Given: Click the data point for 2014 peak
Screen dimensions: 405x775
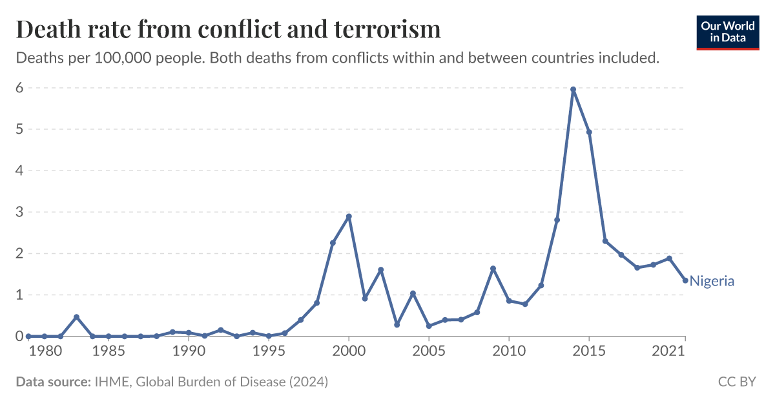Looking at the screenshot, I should click(573, 89).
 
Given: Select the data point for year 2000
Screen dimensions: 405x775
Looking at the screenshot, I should click(349, 216).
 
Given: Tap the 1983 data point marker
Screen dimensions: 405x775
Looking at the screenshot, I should click(76, 317).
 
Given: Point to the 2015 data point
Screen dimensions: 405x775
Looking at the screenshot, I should click(589, 132).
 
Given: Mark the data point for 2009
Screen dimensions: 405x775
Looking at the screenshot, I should click(493, 269).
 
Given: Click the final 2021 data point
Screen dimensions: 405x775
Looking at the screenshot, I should click(685, 280).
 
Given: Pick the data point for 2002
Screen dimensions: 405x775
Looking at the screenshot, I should click(381, 270).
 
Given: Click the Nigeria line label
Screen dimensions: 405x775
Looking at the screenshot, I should click(712, 281).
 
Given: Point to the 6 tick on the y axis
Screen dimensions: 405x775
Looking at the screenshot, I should click(19, 88).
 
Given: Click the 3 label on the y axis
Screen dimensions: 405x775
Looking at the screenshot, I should click(19, 212).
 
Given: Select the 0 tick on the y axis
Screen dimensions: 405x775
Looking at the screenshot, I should click(19, 336).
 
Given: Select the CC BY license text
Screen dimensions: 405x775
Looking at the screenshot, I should click(737, 382).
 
